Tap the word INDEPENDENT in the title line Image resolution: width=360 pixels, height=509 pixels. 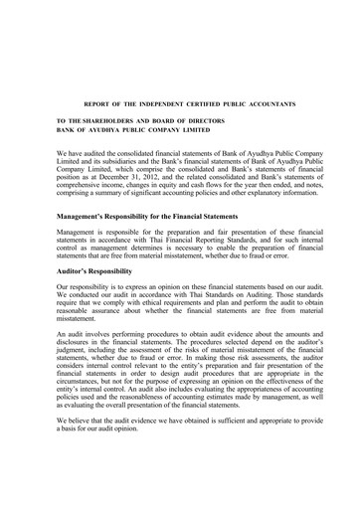(154, 103)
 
